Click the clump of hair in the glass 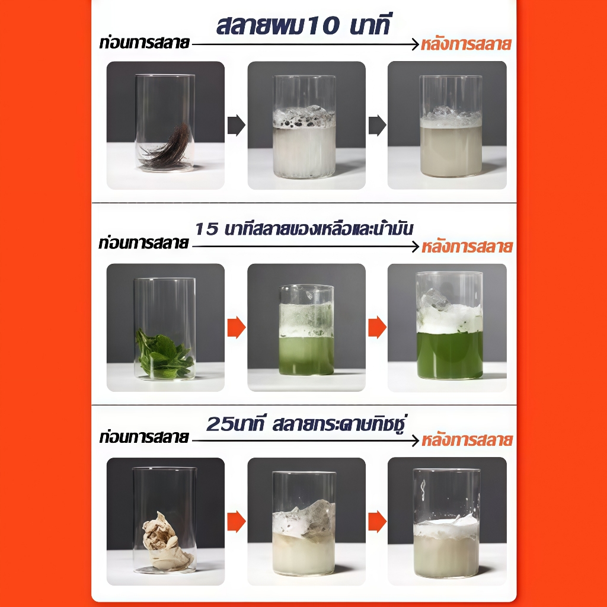[167, 147]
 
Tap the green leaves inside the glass [164, 354]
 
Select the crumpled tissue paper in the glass [167, 542]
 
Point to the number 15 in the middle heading [207, 229]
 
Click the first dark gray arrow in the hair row [236, 125]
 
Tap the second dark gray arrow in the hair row [377, 125]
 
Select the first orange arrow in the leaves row [236, 327]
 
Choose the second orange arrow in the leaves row [377, 327]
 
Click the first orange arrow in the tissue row [236, 522]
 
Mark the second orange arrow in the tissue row [377, 522]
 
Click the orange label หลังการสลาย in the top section [466, 44]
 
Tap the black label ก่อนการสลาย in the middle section [143, 243]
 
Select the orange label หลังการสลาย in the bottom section [467, 440]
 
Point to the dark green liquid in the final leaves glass [449, 354]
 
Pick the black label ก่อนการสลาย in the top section [145, 43]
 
